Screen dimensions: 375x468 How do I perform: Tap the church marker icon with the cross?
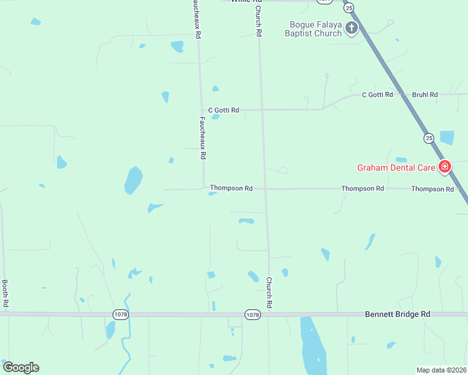pyautogui.click(x=352, y=27)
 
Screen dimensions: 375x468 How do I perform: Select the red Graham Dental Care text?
pyautogui.click(x=396, y=167)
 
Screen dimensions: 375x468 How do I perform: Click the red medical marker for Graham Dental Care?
pyautogui.click(x=445, y=166)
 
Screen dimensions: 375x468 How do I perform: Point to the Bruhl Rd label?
pyautogui.click(x=425, y=94)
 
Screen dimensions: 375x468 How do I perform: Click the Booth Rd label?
pyautogui.click(x=5, y=292)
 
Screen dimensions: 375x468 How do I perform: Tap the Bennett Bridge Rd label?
pyautogui.click(x=398, y=314)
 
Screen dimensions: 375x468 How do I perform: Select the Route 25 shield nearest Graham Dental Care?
pyautogui.click(x=429, y=137)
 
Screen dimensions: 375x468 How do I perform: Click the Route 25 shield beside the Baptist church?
pyautogui.click(x=349, y=7)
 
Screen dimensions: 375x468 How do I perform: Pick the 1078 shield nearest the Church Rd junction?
pyautogui.click(x=252, y=314)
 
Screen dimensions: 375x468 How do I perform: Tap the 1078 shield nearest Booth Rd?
pyautogui.click(x=121, y=314)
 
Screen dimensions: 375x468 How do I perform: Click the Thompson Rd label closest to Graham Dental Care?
pyautogui.click(x=432, y=189)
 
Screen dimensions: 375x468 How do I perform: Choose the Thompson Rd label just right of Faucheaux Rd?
pyautogui.click(x=231, y=187)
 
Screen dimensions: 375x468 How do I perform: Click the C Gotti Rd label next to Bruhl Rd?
pyautogui.click(x=377, y=94)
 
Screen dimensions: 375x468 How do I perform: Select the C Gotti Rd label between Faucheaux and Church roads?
pyautogui.click(x=224, y=110)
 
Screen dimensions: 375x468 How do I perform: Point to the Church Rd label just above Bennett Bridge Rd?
pyautogui.click(x=270, y=292)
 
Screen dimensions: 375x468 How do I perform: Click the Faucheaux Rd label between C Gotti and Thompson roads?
pyautogui.click(x=203, y=137)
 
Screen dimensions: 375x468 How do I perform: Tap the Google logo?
pyautogui.click(x=21, y=367)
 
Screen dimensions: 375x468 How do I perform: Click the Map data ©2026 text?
pyautogui.click(x=442, y=370)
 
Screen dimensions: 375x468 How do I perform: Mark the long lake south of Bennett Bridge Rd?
pyautogui.click(x=312, y=345)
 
